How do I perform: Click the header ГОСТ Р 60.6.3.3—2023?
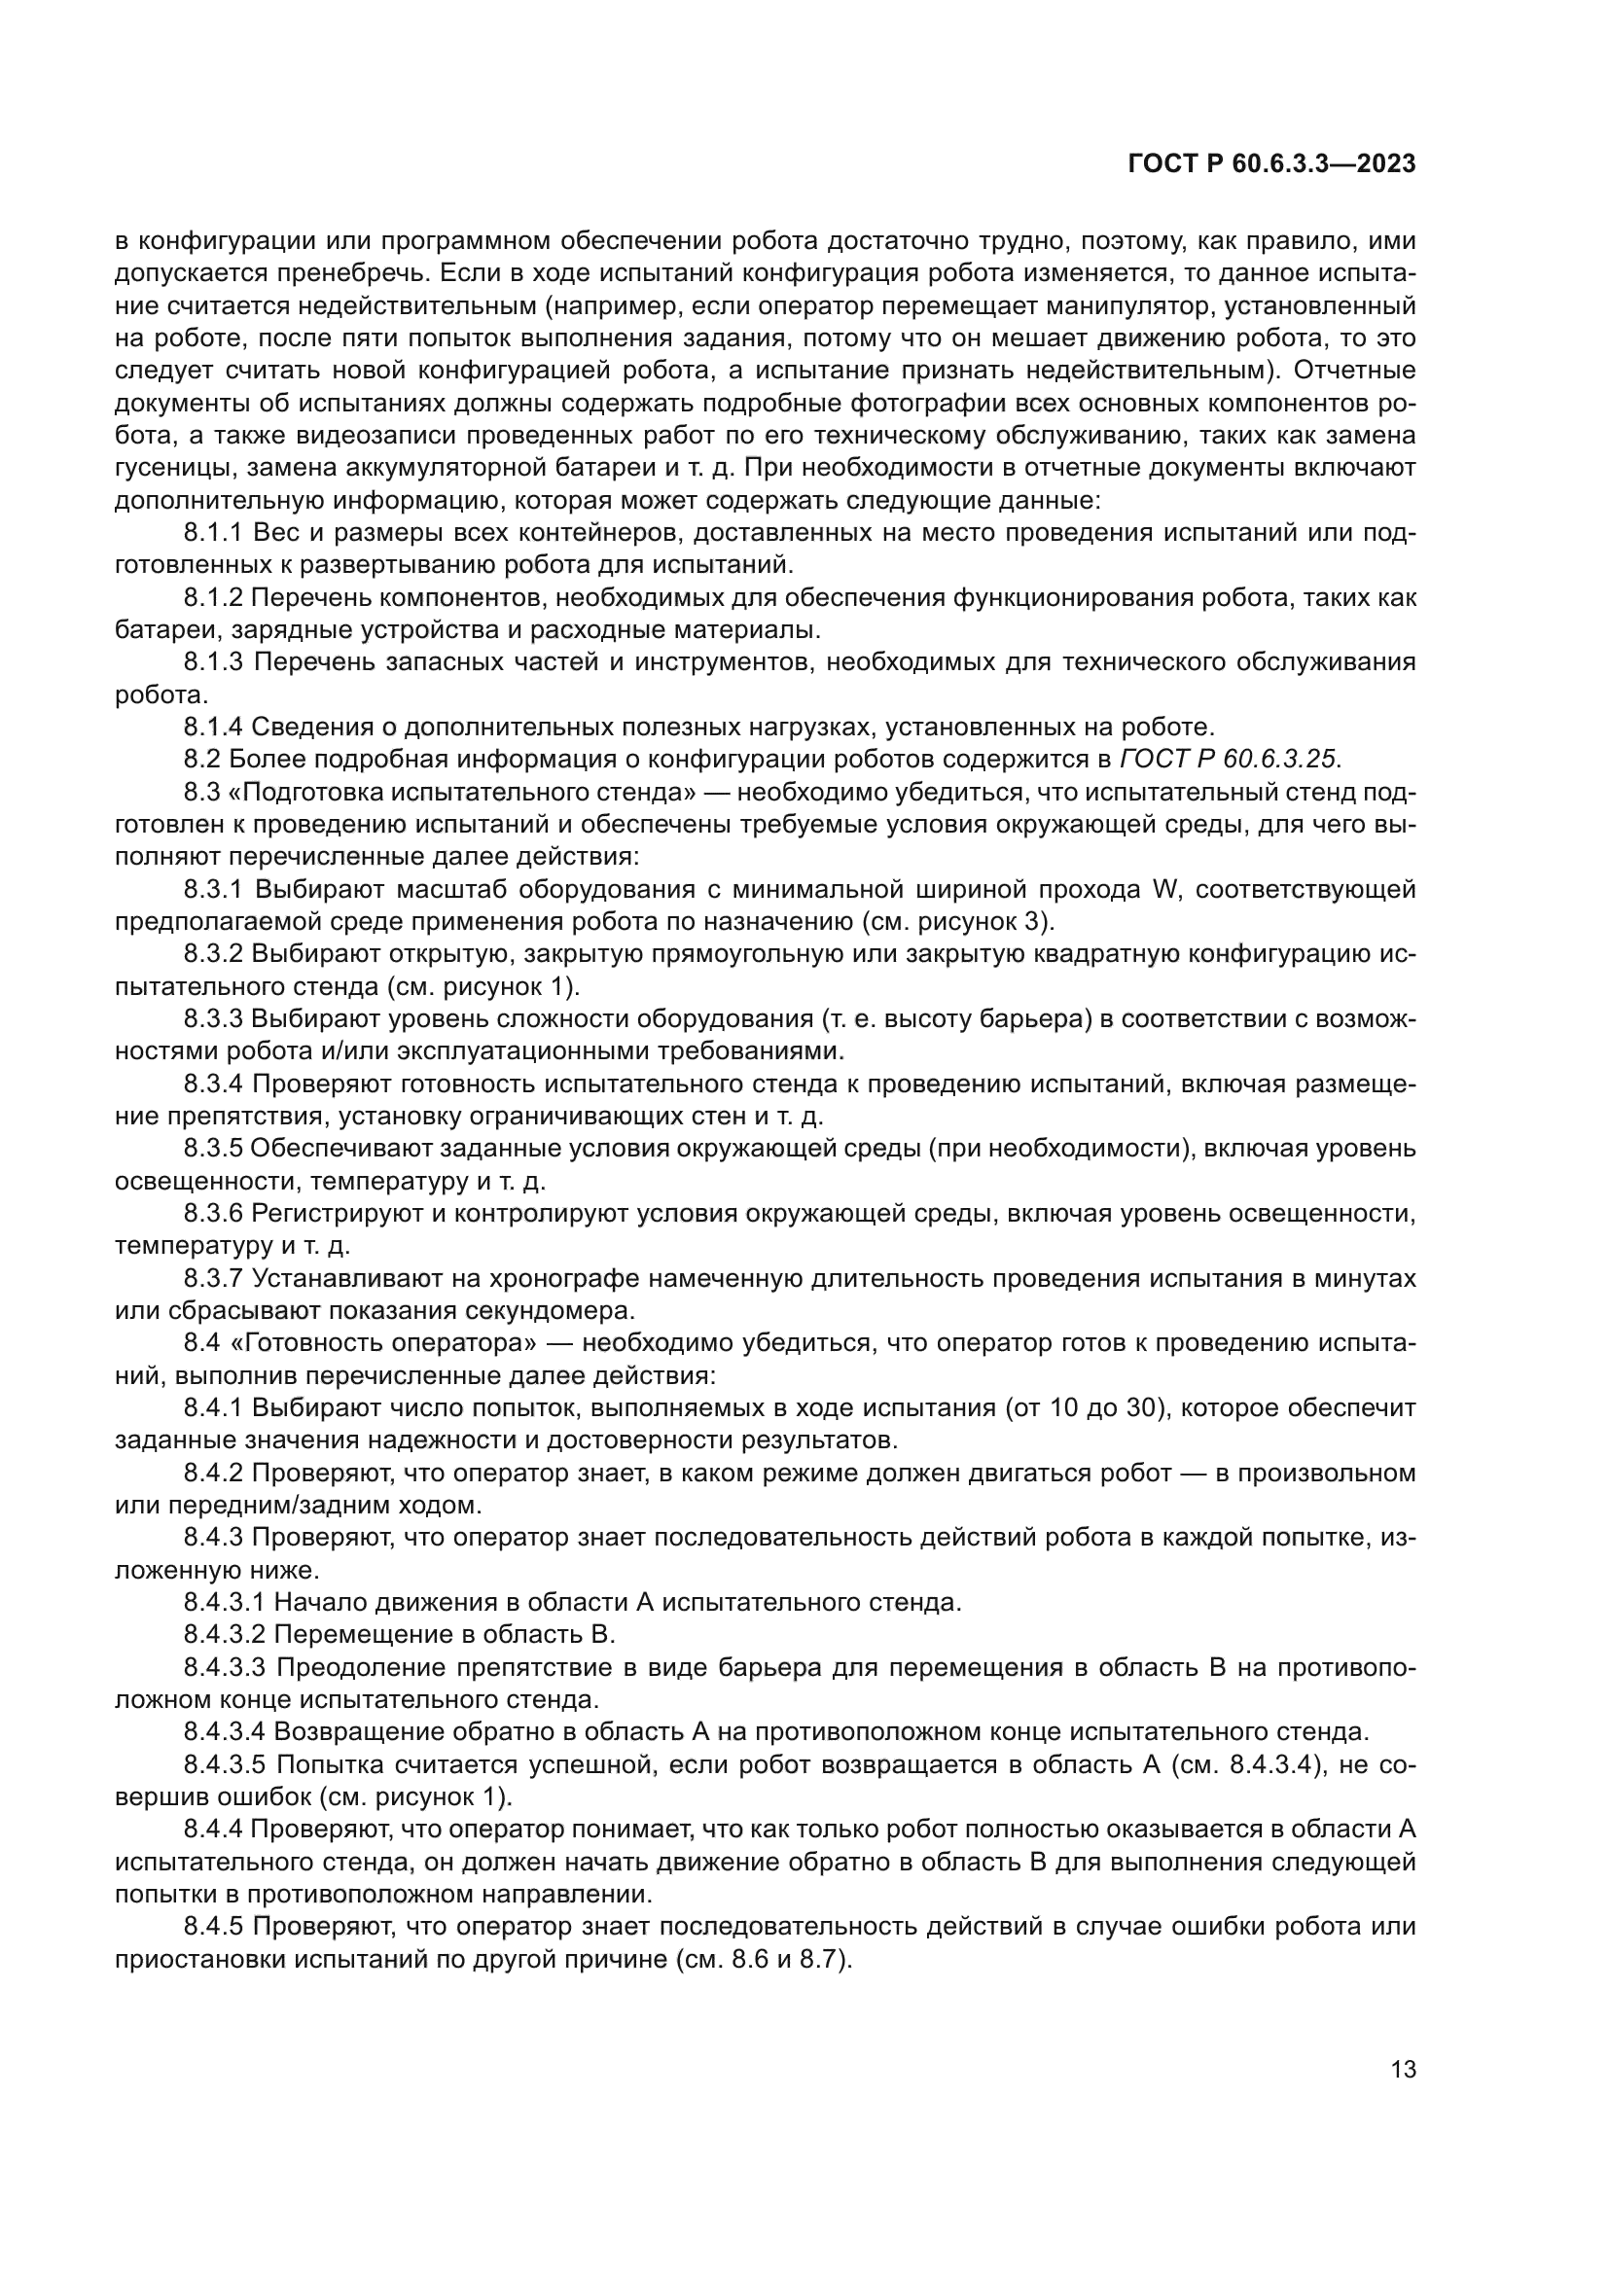(x=1271, y=164)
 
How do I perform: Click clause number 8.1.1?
(x=213, y=533)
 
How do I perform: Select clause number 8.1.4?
(x=213, y=728)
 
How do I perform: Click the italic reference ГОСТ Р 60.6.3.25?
(x=1228, y=760)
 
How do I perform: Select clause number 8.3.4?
(x=213, y=1084)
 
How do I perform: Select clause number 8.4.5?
(x=213, y=1926)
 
